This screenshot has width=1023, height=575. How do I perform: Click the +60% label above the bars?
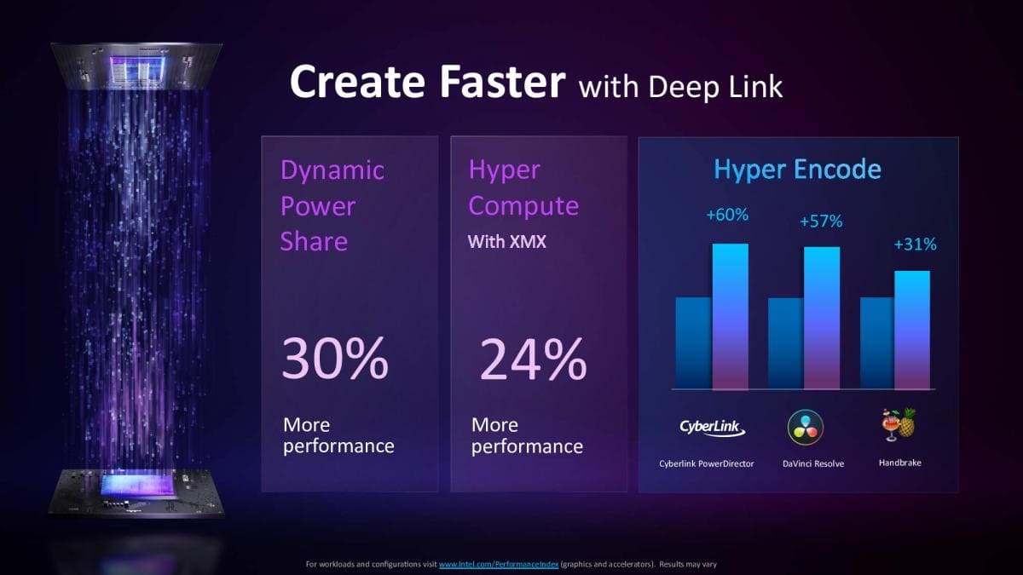pyautogui.click(x=727, y=215)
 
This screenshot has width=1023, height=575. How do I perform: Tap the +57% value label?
pyautogui.click(x=821, y=221)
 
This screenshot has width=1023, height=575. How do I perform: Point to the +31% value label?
pyautogui.click(x=915, y=244)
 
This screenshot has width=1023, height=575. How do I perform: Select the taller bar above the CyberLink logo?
pyautogui.click(x=731, y=317)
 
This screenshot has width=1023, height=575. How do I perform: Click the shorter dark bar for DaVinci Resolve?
pyautogui.click(x=785, y=343)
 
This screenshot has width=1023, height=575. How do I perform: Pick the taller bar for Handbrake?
pyautogui.click(x=912, y=330)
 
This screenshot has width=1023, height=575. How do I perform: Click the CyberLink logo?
pyautogui.click(x=712, y=428)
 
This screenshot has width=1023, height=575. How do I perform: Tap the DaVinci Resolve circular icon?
pyautogui.click(x=805, y=427)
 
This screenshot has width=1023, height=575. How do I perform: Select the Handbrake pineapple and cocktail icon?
pyautogui.click(x=899, y=424)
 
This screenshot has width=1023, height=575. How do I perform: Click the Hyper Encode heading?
pyautogui.click(x=797, y=170)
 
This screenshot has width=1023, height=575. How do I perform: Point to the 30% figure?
pyautogui.click(x=335, y=358)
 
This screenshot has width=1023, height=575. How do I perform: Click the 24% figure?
pyautogui.click(x=533, y=359)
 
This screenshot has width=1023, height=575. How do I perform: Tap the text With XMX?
pyautogui.click(x=506, y=241)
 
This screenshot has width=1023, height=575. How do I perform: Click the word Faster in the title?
pyautogui.click(x=502, y=81)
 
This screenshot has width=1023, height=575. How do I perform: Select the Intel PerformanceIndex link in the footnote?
pyautogui.click(x=499, y=565)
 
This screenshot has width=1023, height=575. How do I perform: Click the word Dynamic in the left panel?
pyautogui.click(x=332, y=170)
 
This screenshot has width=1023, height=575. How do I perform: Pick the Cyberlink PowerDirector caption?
pyautogui.click(x=706, y=463)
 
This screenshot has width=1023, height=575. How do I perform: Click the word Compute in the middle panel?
pyautogui.click(x=523, y=206)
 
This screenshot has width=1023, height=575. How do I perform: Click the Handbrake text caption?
pyautogui.click(x=899, y=463)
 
